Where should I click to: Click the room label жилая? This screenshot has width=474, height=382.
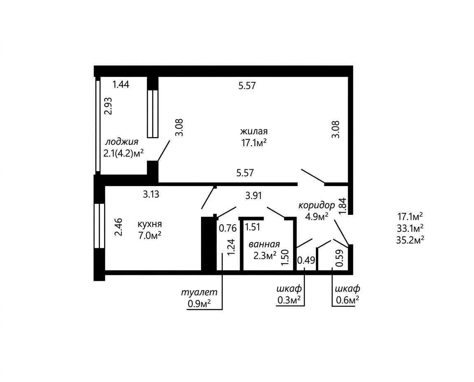pyautogui.click(x=254, y=131)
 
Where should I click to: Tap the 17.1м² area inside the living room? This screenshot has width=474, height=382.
pyautogui.click(x=254, y=142)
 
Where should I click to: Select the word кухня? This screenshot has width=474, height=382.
pyautogui.click(x=149, y=224)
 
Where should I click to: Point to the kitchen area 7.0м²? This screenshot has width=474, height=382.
pyautogui.click(x=149, y=235)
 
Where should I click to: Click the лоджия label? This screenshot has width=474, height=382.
pyautogui.click(x=121, y=142)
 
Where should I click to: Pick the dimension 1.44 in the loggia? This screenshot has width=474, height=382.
pyautogui.click(x=121, y=84)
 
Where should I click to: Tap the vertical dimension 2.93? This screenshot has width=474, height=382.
pyautogui.click(x=108, y=106)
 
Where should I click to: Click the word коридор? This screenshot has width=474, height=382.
pyautogui.click(x=317, y=205)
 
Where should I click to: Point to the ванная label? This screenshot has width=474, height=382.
pyautogui.click(x=264, y=244)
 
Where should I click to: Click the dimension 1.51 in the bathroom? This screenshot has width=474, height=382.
pyautogui.click(x=252, y=227)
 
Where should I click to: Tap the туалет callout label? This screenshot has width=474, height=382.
pyautogui.click(x=199, y=292)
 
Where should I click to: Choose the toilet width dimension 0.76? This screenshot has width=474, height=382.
pyautogui.click(x=228, y=228)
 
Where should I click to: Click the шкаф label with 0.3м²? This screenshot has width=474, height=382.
pyautogui.click(x=289, y=289)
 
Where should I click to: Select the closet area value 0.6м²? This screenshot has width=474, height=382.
pyautogui.click(x=347, y=300)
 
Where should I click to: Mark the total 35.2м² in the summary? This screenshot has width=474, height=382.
pyautogui.click(x=410, y=240)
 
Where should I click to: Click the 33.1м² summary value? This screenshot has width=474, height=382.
pyautogui.click(x=410, y=228)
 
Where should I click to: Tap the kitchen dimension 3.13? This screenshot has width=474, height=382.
pyautogui.click(x=151, y=194)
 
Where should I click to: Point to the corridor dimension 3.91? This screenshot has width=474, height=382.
pyautogui.click(x=253, y=196)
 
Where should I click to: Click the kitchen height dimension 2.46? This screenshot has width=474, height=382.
pyautogui.click(x=118, y=227)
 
